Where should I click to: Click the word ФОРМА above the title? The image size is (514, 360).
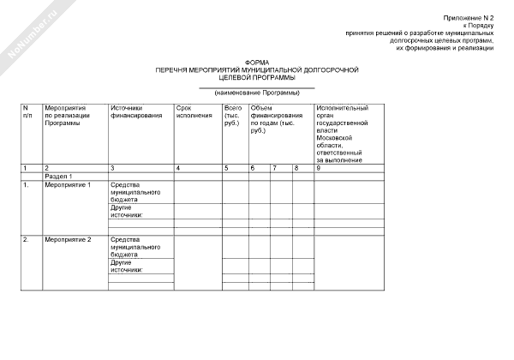coord(256,62)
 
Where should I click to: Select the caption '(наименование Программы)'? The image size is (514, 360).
coord(257,92)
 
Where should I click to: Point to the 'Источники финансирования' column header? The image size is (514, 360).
coord(136,111)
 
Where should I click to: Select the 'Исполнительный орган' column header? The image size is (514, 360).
coord(342,134)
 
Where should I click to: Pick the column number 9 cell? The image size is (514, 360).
coord(318,168)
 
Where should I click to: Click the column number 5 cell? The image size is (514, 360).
coord(226,168)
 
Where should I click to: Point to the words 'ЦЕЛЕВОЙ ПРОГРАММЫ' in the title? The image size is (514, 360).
coord(256,76)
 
